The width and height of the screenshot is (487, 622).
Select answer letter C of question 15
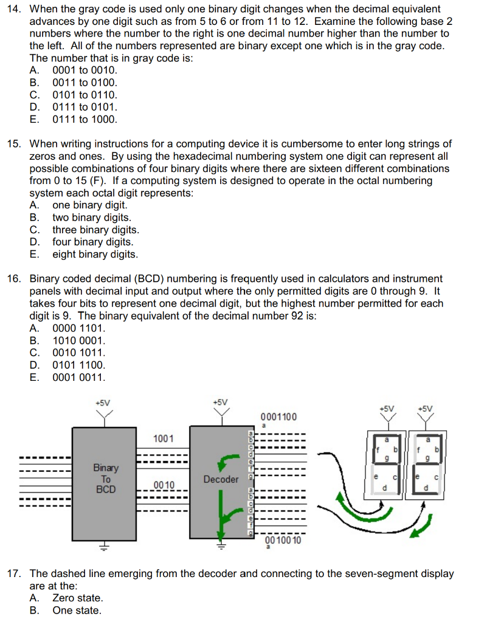coord(34,230)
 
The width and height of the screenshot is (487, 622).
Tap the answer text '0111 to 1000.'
coord(85,120)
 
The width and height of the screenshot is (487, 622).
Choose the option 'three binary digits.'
coord(95,230)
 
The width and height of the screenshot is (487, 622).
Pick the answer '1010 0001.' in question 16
coord(79,340)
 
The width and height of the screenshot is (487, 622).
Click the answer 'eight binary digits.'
coord(95,255)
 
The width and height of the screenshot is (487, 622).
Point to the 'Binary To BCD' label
coord(106,478)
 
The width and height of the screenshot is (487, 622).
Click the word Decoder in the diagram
coord(221,479)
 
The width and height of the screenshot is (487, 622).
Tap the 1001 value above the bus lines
coord(163,438)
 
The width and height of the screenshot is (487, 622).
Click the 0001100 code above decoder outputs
coord(278,417)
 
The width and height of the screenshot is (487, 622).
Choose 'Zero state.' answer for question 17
coord(78,598)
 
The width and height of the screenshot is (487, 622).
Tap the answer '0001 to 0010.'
coord(85,70)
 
